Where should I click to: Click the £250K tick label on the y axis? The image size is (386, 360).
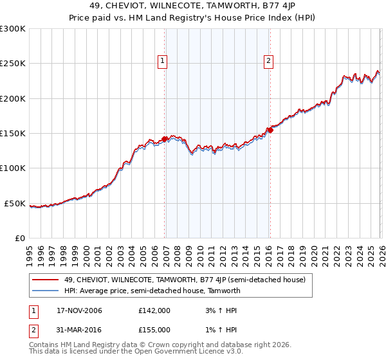(13, 64)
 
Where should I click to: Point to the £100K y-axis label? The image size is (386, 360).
(13, 168)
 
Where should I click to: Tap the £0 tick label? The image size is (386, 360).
(19, 238)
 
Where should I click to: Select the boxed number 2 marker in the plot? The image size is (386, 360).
(268, 62)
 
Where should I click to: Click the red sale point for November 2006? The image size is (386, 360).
(165, 139)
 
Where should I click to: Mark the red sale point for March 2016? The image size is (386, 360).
(271, 130)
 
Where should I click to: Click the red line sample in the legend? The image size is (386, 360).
(46, 280)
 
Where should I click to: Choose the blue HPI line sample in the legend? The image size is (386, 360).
(46, 291)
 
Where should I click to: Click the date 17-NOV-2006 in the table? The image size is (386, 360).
(79, 310)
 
